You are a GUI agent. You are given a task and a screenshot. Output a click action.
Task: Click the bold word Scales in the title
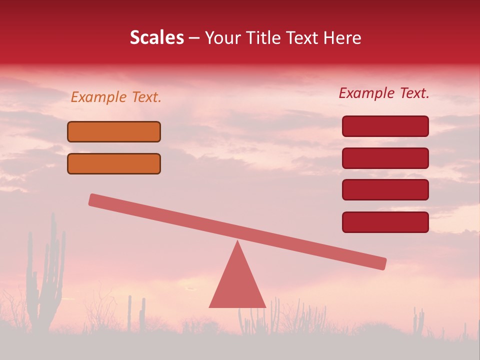point(156,37)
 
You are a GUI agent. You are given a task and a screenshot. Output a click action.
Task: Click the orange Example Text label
point(116,97)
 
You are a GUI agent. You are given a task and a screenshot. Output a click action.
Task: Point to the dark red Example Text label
point(384,93)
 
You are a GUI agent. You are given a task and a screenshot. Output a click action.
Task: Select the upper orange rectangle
point(114,131)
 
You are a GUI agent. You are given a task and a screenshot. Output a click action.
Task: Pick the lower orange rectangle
point(114,163)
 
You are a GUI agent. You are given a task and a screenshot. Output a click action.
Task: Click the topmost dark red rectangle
point(385,126)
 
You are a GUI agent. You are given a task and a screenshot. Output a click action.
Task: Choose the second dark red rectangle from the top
point(385,158)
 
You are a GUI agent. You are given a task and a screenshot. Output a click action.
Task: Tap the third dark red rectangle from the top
point(385,190)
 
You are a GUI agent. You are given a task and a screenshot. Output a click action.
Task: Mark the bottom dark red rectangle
point(385,222)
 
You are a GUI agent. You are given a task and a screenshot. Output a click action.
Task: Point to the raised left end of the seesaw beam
point(95,200)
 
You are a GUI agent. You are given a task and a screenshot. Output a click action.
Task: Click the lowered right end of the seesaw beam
point(380,263)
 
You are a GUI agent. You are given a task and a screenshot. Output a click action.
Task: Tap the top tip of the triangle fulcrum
point(237,242)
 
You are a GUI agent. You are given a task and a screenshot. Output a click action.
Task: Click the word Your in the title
point(222,37)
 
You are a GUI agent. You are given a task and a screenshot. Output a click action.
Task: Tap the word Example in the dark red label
point(366,93)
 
